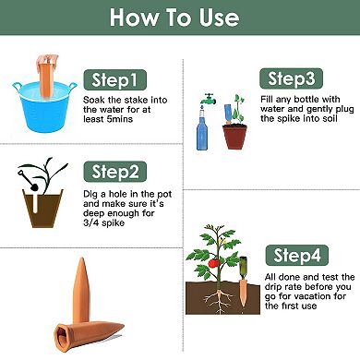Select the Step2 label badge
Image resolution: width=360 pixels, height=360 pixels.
114,172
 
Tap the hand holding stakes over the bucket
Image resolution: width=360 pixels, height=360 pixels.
44,65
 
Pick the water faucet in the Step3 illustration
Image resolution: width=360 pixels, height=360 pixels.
208,98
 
